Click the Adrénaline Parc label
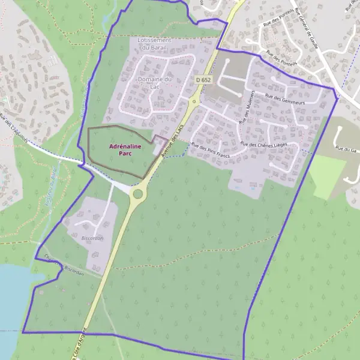coord(125,150)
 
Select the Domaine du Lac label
coord(155,83)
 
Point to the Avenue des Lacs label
coord(170,147)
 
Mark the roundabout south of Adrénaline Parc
coord(139,193)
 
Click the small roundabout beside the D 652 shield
coord(193,101)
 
